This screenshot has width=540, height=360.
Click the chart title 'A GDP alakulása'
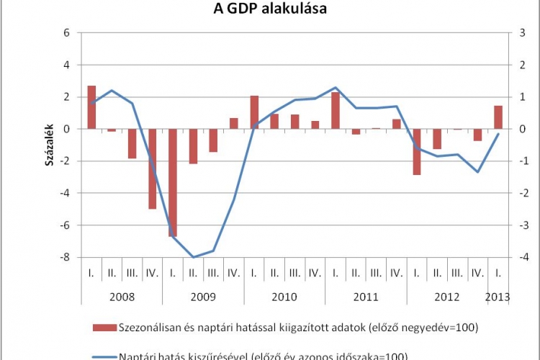[x=271, y=9]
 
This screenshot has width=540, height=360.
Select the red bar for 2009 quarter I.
[x=173, y=182]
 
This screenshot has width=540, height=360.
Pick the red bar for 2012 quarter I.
[x=416, y=151]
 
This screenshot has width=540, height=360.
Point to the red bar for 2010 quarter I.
[x=254, y=112]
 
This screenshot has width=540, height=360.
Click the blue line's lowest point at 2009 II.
[x=193, y=257]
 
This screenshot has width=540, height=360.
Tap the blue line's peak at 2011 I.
[x=336, y=88]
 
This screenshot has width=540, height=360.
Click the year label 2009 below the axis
[x=203, y=297]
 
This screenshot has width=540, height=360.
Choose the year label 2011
[x=366, y=297]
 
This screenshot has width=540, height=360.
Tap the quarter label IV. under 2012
[x=477, y=274]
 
